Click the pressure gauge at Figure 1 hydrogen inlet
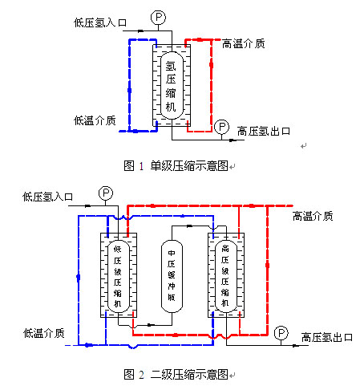[158, 18]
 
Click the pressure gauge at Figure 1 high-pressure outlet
[221, 127]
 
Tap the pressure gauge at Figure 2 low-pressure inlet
[106, 193]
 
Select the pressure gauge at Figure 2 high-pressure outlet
[281, 333]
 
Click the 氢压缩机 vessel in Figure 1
[172, 85]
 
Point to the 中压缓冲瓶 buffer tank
[172, 276]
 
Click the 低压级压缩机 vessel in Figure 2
[118, 276]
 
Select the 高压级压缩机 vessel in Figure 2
[226, 276]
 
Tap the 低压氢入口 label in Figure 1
[100, 22]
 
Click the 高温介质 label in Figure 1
[244, 43]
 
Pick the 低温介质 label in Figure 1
[95, 120]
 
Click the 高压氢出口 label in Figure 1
[264, 132]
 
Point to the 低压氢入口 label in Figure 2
[47, 197]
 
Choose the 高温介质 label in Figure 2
[313, 216]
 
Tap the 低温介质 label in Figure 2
[44, 333]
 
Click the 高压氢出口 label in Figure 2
[327, 337]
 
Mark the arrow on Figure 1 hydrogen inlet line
[140, 31]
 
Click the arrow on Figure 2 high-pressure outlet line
[295, 346]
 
